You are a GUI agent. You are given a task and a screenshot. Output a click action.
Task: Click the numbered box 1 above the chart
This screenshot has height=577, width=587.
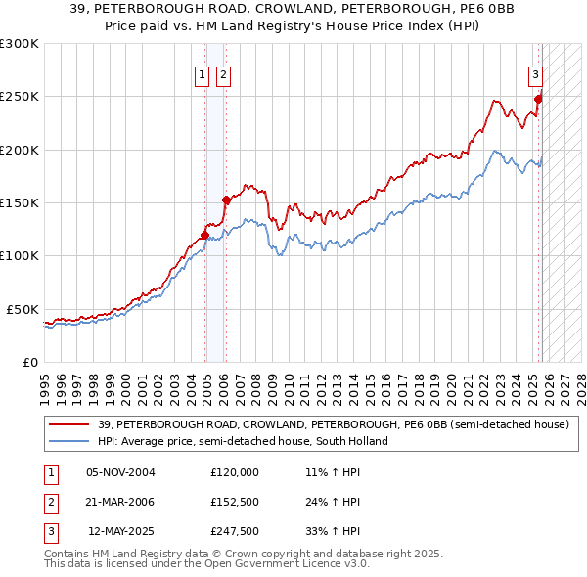pyautogui.click(x=202, y=74)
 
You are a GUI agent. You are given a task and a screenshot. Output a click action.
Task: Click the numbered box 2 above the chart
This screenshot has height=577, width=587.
pyautogui.click(x=222, y=74)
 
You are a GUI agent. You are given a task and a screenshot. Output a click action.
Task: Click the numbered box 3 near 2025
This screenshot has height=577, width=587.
pyautogui.click(x=535, y=74)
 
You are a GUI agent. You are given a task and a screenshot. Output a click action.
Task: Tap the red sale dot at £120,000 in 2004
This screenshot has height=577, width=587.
pyautogui.click(x=204, y=235)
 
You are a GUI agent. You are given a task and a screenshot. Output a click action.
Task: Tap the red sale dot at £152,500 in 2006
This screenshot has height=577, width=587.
pyautogui.click(x=226, y=200)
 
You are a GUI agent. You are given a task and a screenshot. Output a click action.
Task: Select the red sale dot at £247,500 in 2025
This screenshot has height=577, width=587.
pyautogui.click(x=538, y=99)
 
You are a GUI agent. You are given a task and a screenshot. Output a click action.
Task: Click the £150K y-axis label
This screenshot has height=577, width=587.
pyautogui.click(x=19, y=203)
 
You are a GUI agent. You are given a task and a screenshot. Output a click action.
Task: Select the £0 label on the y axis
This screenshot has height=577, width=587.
pyautogui.click(x=29, y=362)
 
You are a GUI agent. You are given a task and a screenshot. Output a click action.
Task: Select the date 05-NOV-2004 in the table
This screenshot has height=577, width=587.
pyautogui.click(x=120, y=471)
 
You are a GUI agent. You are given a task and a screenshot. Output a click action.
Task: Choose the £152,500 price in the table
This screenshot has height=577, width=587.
pyautogui.click(x=235, y=502)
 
